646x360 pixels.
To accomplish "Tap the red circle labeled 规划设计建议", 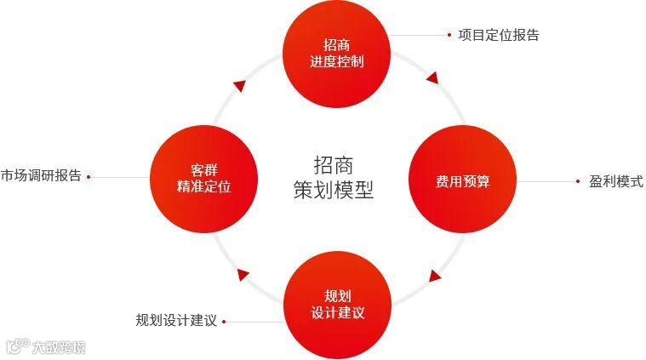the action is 338,305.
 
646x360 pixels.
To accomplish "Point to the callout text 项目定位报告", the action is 499,35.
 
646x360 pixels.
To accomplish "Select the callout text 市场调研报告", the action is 40,176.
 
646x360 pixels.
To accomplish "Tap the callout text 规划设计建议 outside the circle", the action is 176,321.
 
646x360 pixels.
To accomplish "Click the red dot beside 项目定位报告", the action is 449,35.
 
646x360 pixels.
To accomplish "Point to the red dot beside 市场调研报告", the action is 89,177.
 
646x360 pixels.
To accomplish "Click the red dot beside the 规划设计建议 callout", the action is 225,322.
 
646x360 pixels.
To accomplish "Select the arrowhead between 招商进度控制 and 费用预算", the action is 432,78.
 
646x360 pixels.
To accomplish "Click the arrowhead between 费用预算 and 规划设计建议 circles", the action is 436,276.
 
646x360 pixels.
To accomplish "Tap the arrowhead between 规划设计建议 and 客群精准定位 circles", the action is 243,274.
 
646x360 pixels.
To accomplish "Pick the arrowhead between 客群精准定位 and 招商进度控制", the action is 240,84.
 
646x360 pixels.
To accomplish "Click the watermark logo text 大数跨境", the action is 58,346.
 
